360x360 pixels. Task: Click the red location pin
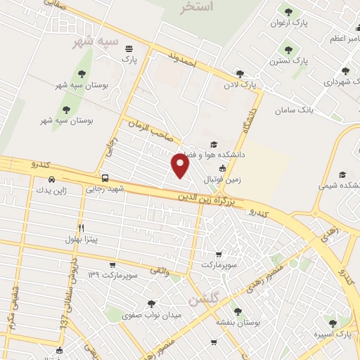181,166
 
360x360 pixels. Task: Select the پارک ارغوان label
290,23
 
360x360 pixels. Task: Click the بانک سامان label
294,110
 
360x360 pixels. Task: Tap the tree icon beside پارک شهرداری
345,71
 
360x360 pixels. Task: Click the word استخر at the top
196,8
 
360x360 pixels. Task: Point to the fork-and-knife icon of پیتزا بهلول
82,228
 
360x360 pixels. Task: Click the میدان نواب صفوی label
152,315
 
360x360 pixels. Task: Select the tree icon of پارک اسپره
333,323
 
